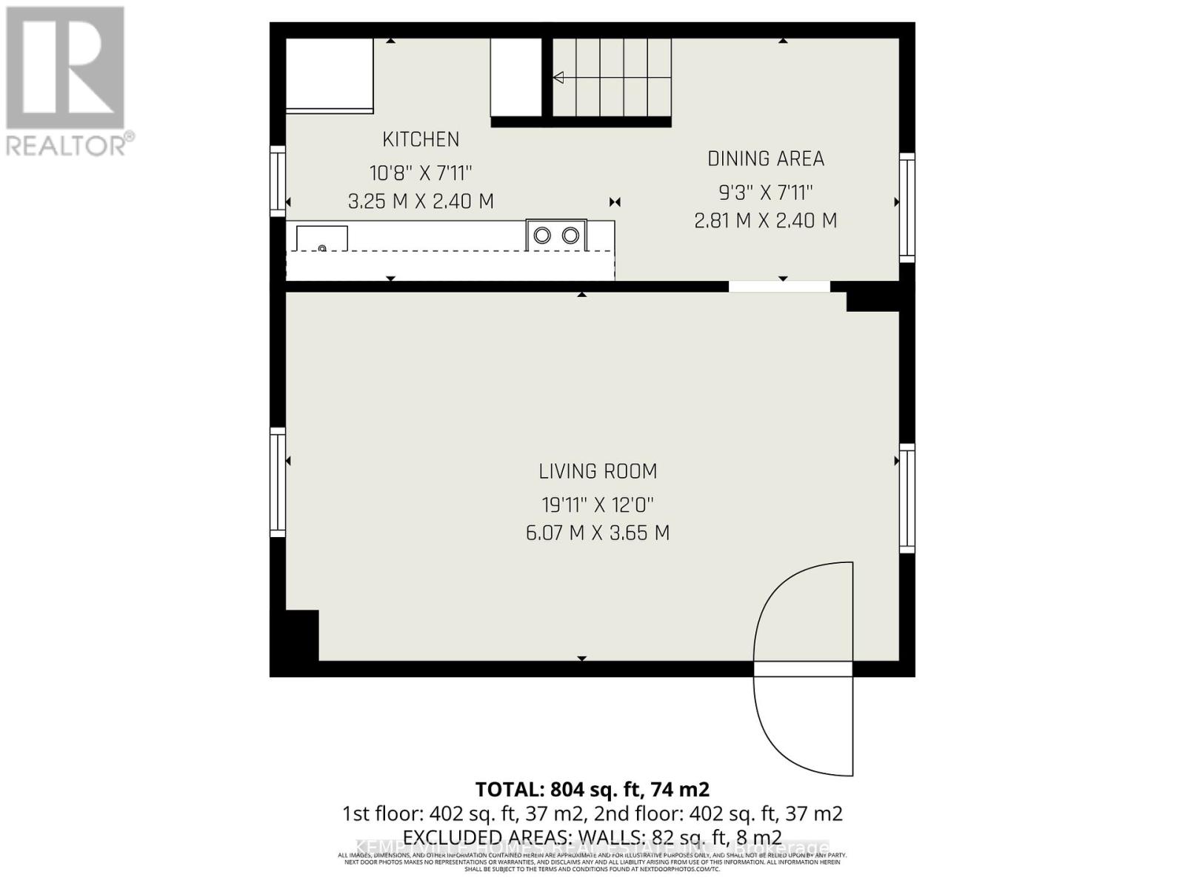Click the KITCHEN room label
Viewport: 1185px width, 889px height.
coord(421,139)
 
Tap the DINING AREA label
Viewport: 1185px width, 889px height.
coord(766,159)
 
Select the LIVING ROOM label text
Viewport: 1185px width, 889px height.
coord(598,471)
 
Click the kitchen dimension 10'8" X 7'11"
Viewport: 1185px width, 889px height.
coord(421,173)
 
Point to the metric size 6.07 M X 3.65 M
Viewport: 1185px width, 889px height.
coord(598,533)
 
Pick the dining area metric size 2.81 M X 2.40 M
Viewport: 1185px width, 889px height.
coord(766,221)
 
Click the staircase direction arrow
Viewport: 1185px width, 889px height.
coord(558,78)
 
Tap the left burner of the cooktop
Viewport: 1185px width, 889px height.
coord(543,236)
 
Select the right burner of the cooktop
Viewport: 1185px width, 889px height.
coord(570,236)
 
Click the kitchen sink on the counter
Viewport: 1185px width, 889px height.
coord(322,239)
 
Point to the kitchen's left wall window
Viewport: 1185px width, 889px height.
coord(278,182)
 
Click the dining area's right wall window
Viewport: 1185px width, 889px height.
coord(907,207)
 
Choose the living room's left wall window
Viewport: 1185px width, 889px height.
coord(278,482)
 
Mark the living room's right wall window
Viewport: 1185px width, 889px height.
coord(907,498)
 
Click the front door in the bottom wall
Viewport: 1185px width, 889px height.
coord(804,669)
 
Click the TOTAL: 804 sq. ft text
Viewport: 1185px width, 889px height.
coord(592,790)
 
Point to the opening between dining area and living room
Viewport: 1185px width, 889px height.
coord(779,287)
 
